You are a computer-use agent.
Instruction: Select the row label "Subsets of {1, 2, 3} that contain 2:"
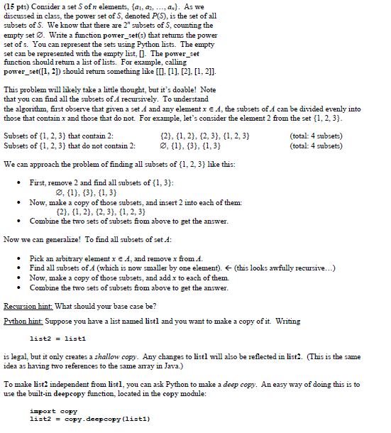coord(60,137)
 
